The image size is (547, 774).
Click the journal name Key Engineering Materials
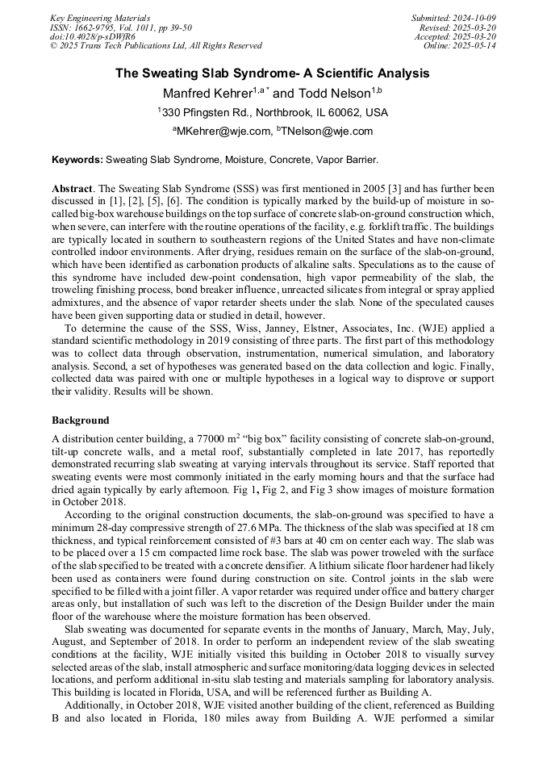pyautogui.click(x=99, y=18)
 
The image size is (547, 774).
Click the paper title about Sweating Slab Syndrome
pyautogui.click(x=272, y=73)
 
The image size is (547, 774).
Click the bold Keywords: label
pyautogui.click(x=77, y=161)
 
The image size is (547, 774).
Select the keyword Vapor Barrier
pyautogui.click(x=347, y=161)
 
